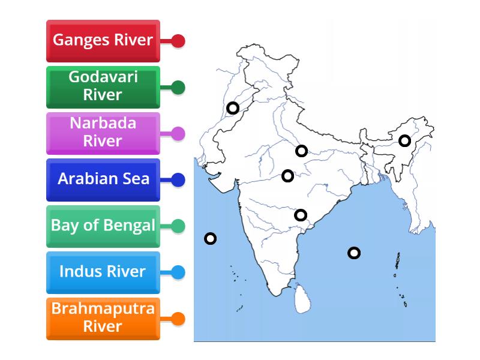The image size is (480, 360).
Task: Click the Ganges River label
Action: click(x=103, y=41)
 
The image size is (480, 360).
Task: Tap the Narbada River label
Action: click(x=103, y=133)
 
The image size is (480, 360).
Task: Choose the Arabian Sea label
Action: click(x=103, y=179)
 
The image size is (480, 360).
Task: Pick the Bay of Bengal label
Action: click(x=103, y=226)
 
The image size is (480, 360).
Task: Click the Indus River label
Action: click(x=103, y=272)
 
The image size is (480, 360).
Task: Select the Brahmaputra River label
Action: click(x=103, y=318)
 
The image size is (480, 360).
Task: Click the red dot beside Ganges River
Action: click(x=178, y=41)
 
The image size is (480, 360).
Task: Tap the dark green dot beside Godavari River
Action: click(x=178, y=87)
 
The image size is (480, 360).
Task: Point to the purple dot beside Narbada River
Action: click(x=178, y=133)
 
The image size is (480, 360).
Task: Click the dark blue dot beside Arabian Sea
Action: click(x=178, y=179)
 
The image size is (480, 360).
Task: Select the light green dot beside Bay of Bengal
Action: click(x=178, y=226)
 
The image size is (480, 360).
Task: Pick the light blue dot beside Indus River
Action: click(x=178, y=272)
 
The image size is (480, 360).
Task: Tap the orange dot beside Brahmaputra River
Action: click(x=178, y=318)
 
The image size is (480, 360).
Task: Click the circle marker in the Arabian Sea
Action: click(x=210, y=239)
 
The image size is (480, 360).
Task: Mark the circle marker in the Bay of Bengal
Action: click(x=354, y=253)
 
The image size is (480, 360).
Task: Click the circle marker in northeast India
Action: click(x=405, y=141)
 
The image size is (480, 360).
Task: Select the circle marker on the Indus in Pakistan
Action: click(x=233, y=108)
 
